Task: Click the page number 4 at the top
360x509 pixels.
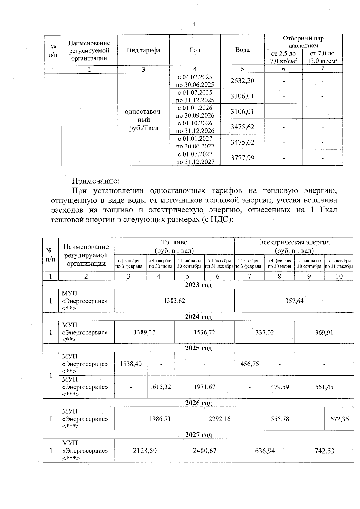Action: pyautogui.click(x=193, y=25)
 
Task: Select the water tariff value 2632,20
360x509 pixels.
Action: pyautogui.click(x=242, y=81)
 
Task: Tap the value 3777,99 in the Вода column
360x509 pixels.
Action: pyautogui.click(x=242, y=158)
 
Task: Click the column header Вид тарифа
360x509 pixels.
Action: pyautogui.click(x=143, y=50)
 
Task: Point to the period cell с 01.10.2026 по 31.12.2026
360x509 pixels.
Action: pyautogui.click(x=195, y=127)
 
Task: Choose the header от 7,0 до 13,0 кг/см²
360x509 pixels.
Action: pyautogui.click(x=322, y=57)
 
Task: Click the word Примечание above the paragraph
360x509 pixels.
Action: pyautogui.click(x=96, y=181)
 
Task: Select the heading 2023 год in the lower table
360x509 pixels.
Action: pyautogui.click(x=198, y=285)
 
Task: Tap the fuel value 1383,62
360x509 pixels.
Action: pyautogui.click(x=174, y=301)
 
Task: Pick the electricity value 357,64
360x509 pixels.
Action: pyautogui.click(x=294, y=301)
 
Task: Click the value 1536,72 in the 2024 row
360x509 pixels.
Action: pyautogui.click(x=204, y=332)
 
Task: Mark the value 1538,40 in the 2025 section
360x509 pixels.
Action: pyautogui.click(x=130, y=364)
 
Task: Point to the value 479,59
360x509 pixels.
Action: pyautogui.click(x=280, y=387)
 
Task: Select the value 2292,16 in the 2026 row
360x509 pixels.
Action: pyautogui.click(x=220, y=418)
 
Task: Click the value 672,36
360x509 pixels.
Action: pyautogui.click(x=339, y=418)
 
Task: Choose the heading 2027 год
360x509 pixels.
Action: pyautogui.click(x=198, y=435)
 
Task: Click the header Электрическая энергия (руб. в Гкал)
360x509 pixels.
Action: pyautogui.click(x=294, y=246)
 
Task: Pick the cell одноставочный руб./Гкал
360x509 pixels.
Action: pyautogui.click(x=143, y=120)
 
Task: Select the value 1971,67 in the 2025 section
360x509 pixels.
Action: pyautogui.click(x=204, y=387)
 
